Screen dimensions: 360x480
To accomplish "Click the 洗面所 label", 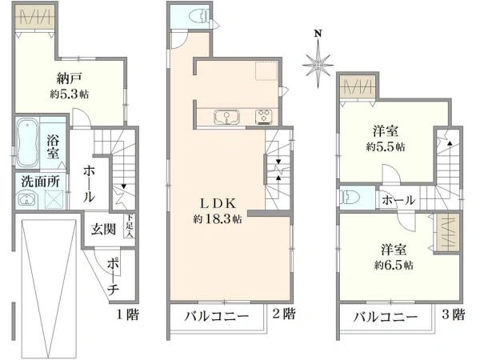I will point(40,181).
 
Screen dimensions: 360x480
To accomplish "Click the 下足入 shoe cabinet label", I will point(129,229).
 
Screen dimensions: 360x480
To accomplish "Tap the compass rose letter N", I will point(318,34).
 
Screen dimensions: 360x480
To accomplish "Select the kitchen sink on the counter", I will point(227,118).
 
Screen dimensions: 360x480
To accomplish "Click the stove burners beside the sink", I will point(262,118).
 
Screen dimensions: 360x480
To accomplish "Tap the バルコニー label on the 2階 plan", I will point(216,315).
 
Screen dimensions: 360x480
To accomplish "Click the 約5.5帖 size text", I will point(385,147).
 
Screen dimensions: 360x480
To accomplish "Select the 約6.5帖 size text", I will point(392,264).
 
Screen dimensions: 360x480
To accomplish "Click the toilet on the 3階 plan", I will point(349,197).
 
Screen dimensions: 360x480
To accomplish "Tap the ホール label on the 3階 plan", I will point(398,201).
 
